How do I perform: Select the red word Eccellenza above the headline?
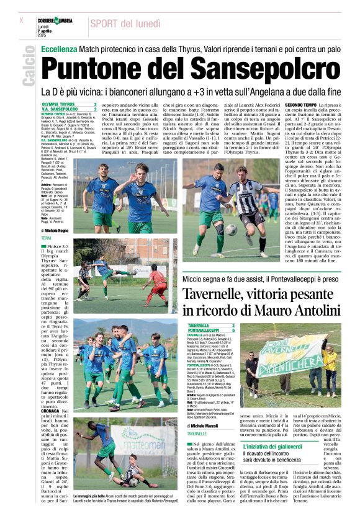click(x=61, y=48)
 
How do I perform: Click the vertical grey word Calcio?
click(x=28, y=68)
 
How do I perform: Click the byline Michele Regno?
click(x=55, y=230)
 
